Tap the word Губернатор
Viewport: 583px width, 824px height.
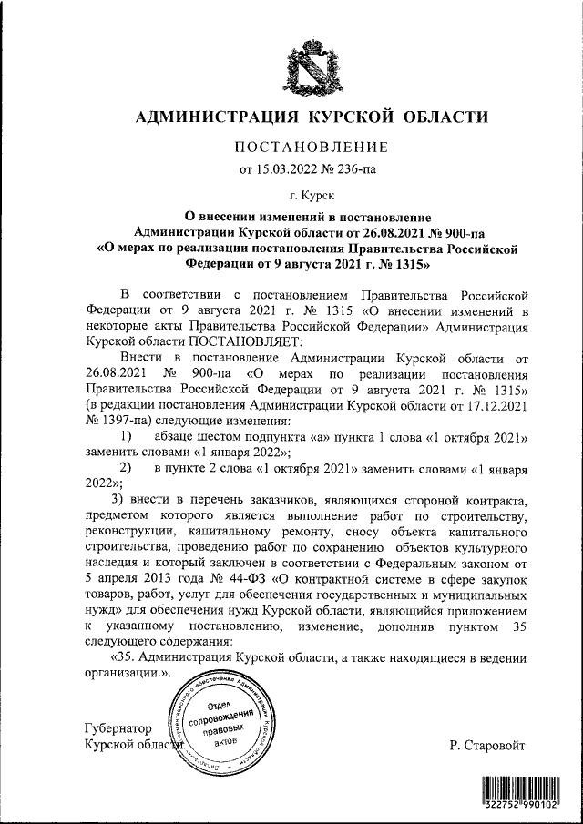coord(114,729)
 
